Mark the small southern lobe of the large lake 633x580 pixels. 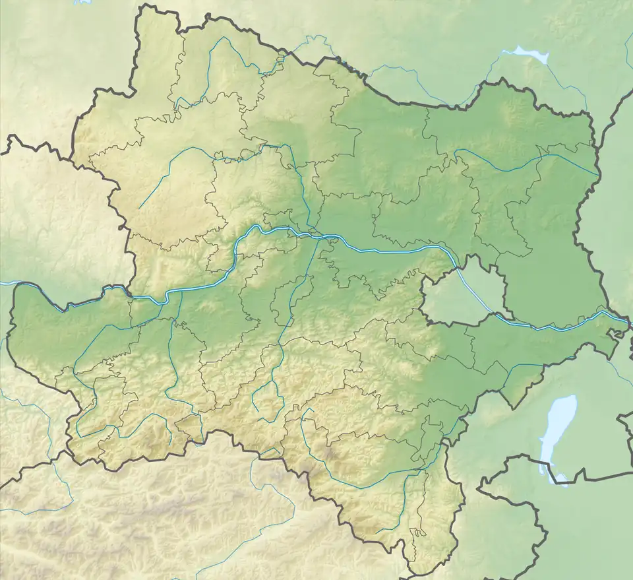coord(560,477)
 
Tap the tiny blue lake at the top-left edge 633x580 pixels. coord(82,2)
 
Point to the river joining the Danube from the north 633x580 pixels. coord(303,198)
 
